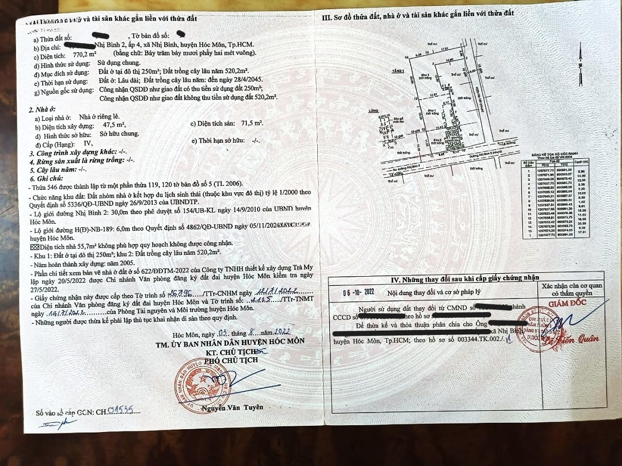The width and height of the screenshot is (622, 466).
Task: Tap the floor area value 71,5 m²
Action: coord(252,124)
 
